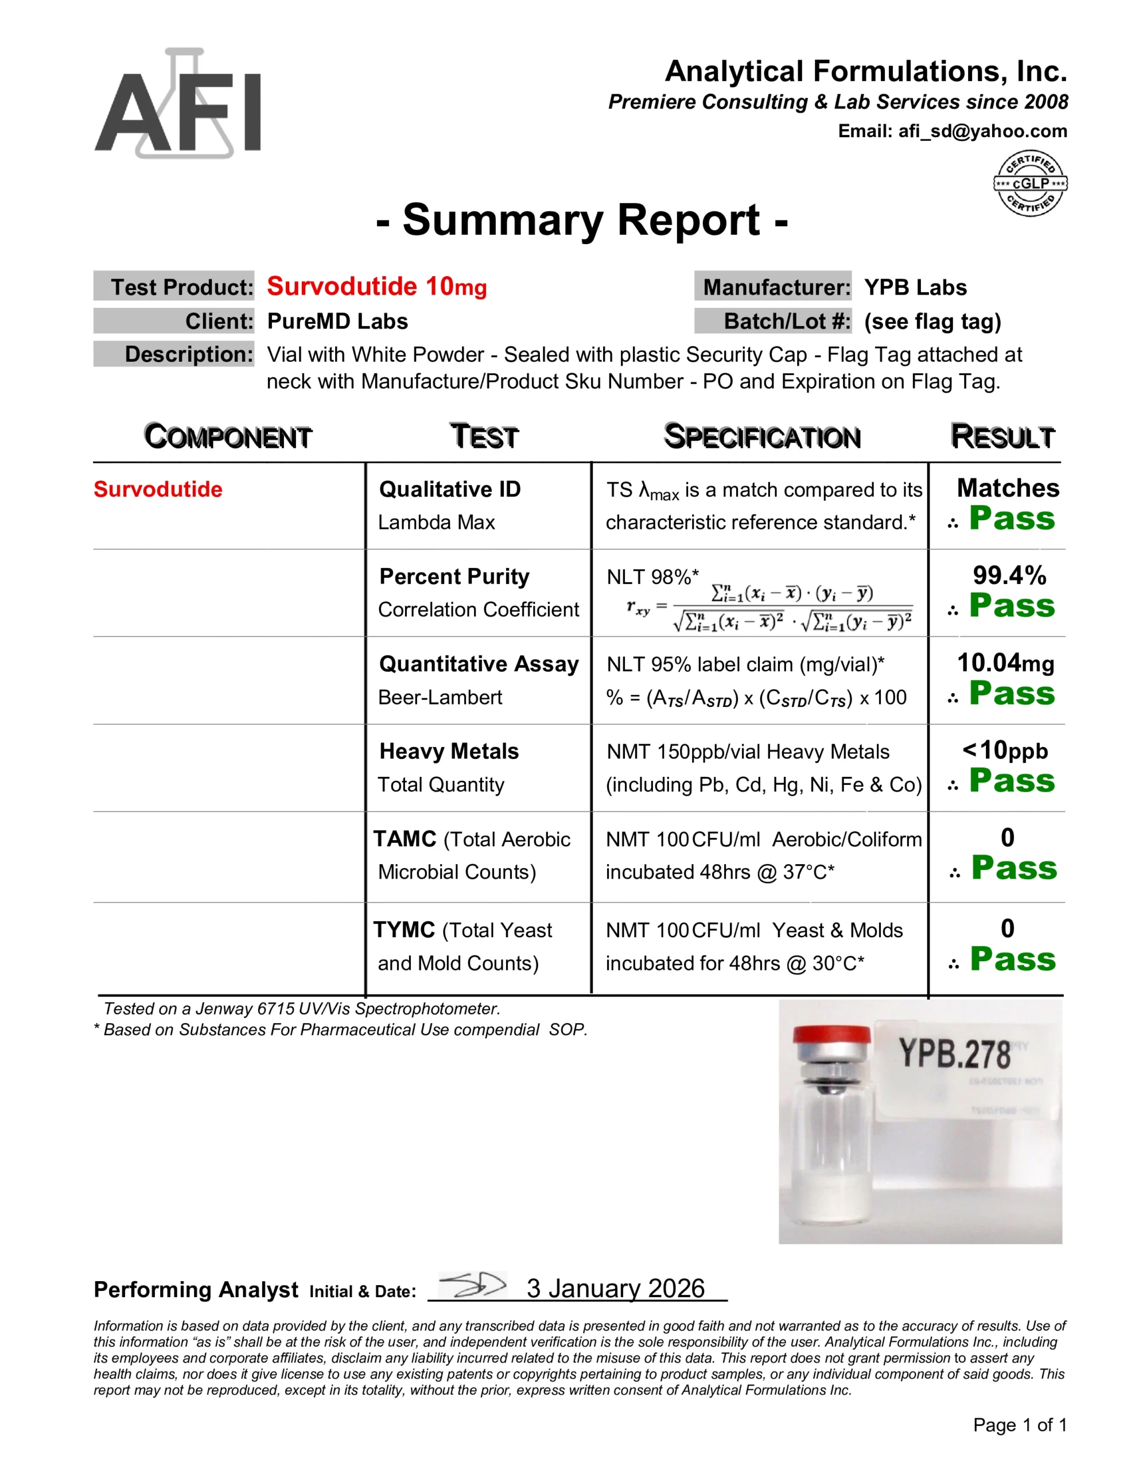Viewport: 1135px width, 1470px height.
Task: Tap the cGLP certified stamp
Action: [x=1030, y=183]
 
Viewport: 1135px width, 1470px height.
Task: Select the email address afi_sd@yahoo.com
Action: [x=982, y=131]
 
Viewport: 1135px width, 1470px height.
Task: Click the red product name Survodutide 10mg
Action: [x=377, y=287]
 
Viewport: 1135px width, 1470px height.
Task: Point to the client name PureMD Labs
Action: [x=337, y=322]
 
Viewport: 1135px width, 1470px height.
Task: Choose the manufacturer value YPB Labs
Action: [x=915, y=288]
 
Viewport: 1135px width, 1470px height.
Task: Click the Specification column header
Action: [x=762, y=437]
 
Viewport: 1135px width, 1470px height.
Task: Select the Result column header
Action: [x=1002, y=437]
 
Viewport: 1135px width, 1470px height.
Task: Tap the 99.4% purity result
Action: [x=1009, y=575]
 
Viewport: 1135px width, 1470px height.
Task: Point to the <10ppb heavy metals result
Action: [x=1005, y=751]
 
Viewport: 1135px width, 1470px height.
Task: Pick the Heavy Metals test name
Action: [x=449, y=751]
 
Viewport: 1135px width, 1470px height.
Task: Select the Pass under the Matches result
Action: [x=1012, y=519]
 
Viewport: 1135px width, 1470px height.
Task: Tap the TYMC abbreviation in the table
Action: [x=405, y=930]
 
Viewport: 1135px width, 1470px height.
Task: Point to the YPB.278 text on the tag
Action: [x=955, y=1054]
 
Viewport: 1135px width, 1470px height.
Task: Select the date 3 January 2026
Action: [x=615, y=1289]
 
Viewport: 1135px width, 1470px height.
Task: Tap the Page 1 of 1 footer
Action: [x=1019, y=1425]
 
